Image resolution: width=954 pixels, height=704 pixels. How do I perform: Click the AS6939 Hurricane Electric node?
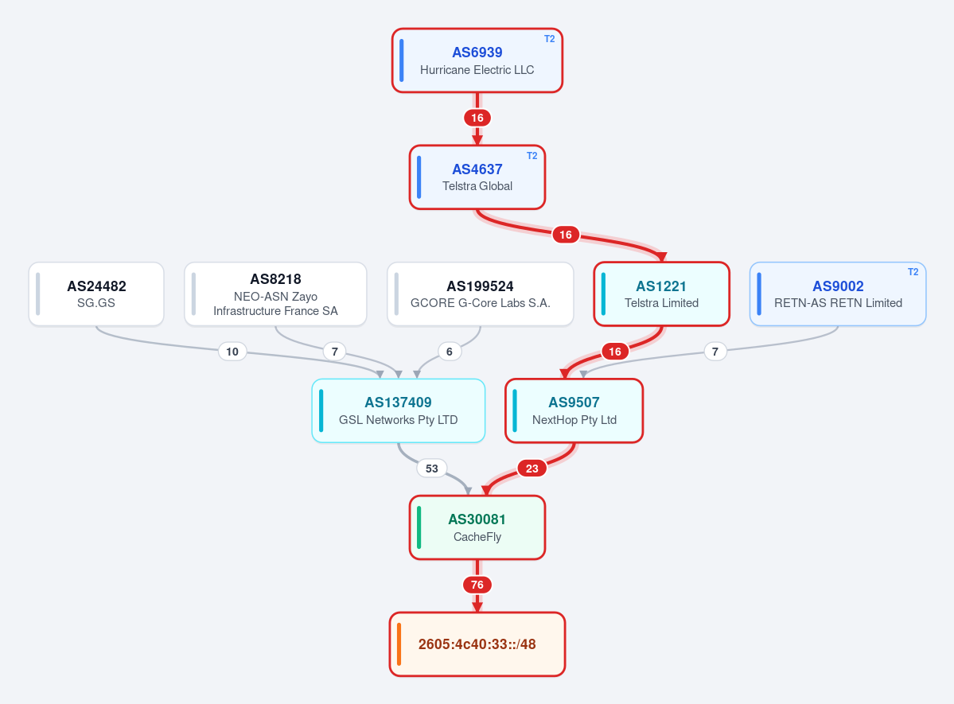[x=477, y=60]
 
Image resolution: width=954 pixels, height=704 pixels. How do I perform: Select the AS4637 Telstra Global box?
[x=477, y=177]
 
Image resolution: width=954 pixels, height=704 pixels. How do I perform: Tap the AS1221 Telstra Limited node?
[x=661, y=294]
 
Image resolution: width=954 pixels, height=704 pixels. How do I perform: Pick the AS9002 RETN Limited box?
[x=838, y=294]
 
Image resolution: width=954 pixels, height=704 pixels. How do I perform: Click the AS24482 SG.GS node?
[x=96, y=294]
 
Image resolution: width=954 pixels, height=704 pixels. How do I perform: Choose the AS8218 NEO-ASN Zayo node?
[x=275, y=294]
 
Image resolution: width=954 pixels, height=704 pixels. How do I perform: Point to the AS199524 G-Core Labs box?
[x=480, y=294]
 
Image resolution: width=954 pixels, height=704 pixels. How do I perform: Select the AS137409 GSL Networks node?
[x=399, y=410]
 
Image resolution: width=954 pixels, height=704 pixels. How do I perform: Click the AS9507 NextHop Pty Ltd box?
[x=574, y=410]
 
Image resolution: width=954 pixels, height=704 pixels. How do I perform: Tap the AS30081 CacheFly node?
[x=477, y=527]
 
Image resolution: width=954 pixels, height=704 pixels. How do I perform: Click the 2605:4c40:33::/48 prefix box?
[x=477, y=644]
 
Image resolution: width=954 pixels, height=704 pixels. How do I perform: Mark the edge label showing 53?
[x=432, y=469]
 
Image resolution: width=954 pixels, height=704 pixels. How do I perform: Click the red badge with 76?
[x=477, y=585]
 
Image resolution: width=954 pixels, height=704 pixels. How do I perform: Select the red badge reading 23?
[x=532, y=469]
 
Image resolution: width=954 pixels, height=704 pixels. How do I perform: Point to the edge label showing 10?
[x=232, y=352]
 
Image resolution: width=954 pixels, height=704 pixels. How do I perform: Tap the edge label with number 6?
[x=449, y=352]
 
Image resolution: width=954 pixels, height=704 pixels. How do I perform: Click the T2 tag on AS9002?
[x=913, y=272]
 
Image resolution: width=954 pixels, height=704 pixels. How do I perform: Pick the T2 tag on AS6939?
[x=549, y=39]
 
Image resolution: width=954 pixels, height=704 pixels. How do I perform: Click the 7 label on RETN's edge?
[x=715, y=352]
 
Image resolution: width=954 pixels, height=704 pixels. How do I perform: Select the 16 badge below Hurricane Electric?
[x=477, y=118]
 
